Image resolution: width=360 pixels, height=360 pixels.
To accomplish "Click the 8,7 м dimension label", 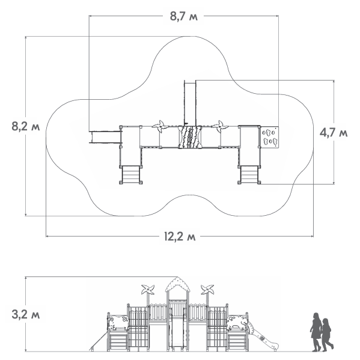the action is pos(183,17).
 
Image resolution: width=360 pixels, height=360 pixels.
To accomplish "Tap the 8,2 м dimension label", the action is pos(26,126).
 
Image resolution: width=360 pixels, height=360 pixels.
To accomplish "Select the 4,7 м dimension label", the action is pos(334,133).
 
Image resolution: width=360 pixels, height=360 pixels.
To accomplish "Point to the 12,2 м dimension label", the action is pos(180,236).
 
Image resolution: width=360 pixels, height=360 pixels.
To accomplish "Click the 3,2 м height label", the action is pos(26,314).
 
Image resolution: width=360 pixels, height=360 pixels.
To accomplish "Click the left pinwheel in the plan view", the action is pos(160,126).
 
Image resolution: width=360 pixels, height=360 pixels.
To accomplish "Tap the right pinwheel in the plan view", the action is pos(220,126).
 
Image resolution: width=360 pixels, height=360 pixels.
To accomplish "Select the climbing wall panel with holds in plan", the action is pos(269,137).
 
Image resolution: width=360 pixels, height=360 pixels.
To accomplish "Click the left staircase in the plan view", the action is pos(130,174).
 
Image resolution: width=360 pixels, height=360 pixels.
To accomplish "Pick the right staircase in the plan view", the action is pos(249,174).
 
